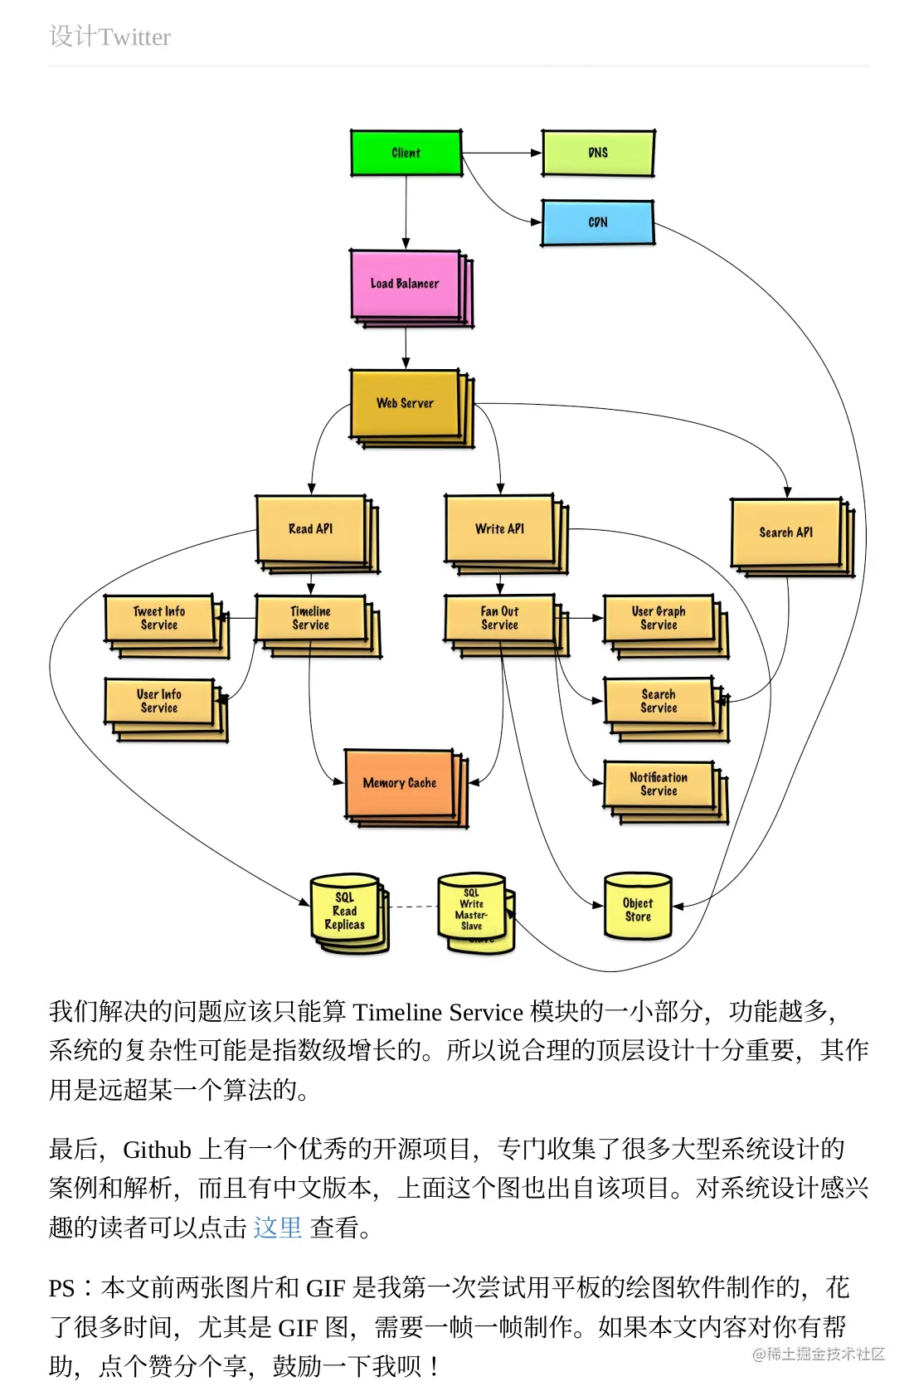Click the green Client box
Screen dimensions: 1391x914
406,153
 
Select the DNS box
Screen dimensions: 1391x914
597,153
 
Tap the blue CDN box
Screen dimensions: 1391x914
597,222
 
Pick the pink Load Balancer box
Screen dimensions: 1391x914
405,284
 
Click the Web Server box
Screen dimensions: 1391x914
405,403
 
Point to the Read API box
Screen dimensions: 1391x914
310,528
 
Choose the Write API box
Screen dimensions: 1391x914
499,528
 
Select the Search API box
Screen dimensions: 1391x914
785,532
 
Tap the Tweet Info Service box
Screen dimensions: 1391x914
158,618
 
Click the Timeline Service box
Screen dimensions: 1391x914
310,618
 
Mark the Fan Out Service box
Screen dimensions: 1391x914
499,618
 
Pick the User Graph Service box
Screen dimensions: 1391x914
659,618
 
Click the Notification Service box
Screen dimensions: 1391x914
659,784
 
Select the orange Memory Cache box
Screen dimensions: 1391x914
399,783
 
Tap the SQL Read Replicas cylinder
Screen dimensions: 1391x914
344,911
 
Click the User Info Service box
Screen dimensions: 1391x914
158,701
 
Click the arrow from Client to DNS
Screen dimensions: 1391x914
502,153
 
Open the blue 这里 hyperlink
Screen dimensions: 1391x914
277,1227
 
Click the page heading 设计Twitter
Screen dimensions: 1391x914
109,36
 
